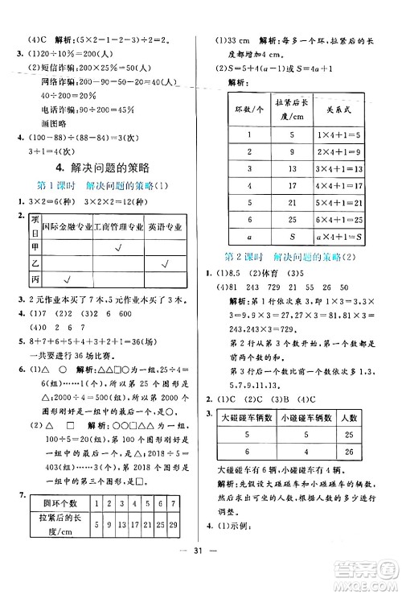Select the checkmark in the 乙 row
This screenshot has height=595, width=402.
[163, 263]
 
